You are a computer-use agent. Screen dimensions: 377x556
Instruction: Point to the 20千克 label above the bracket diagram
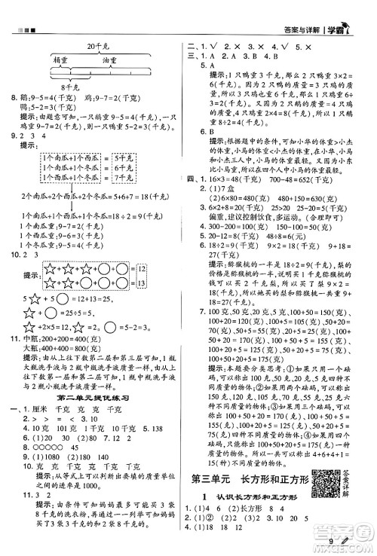[x=99, y=47]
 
